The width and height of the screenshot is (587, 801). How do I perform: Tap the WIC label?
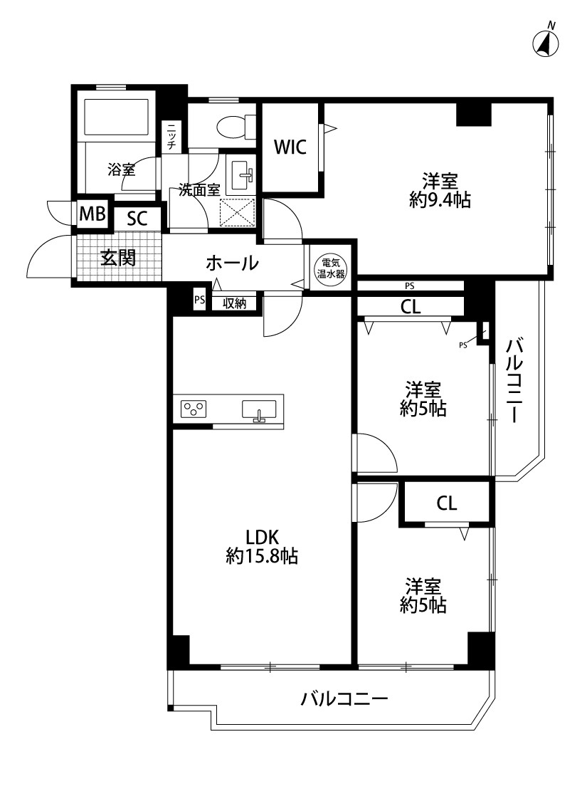coord(290,147)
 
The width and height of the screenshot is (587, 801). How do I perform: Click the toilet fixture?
coord(236,125)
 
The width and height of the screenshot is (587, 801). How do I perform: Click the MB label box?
coord(92,214)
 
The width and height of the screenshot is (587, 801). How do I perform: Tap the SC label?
coord(137,219)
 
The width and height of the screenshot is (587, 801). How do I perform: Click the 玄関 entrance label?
coord(118,258)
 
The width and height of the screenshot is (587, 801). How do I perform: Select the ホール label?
coord(232,263)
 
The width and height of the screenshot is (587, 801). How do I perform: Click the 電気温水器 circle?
coord(332,268)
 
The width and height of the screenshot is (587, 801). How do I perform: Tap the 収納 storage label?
coord(235,303)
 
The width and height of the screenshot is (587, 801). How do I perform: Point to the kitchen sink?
coord(259,410)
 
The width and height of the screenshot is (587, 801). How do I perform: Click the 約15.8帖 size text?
coord(262,556)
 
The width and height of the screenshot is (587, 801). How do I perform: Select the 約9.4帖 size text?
coord(440,200)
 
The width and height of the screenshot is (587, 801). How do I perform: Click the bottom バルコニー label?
coord(344,698)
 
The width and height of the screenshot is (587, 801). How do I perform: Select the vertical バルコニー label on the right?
coord(514,381)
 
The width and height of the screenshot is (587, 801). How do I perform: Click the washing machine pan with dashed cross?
coord(237,213)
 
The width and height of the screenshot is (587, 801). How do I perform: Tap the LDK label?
coord(263,537)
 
